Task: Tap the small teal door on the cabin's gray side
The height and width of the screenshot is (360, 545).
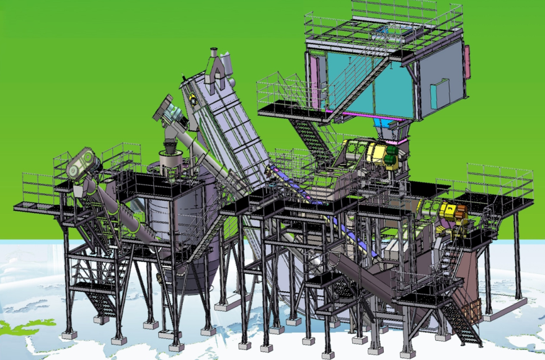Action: (440, 92)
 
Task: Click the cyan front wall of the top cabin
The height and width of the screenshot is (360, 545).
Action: (366, 87)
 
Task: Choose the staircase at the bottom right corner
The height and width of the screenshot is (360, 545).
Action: (462, 322)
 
